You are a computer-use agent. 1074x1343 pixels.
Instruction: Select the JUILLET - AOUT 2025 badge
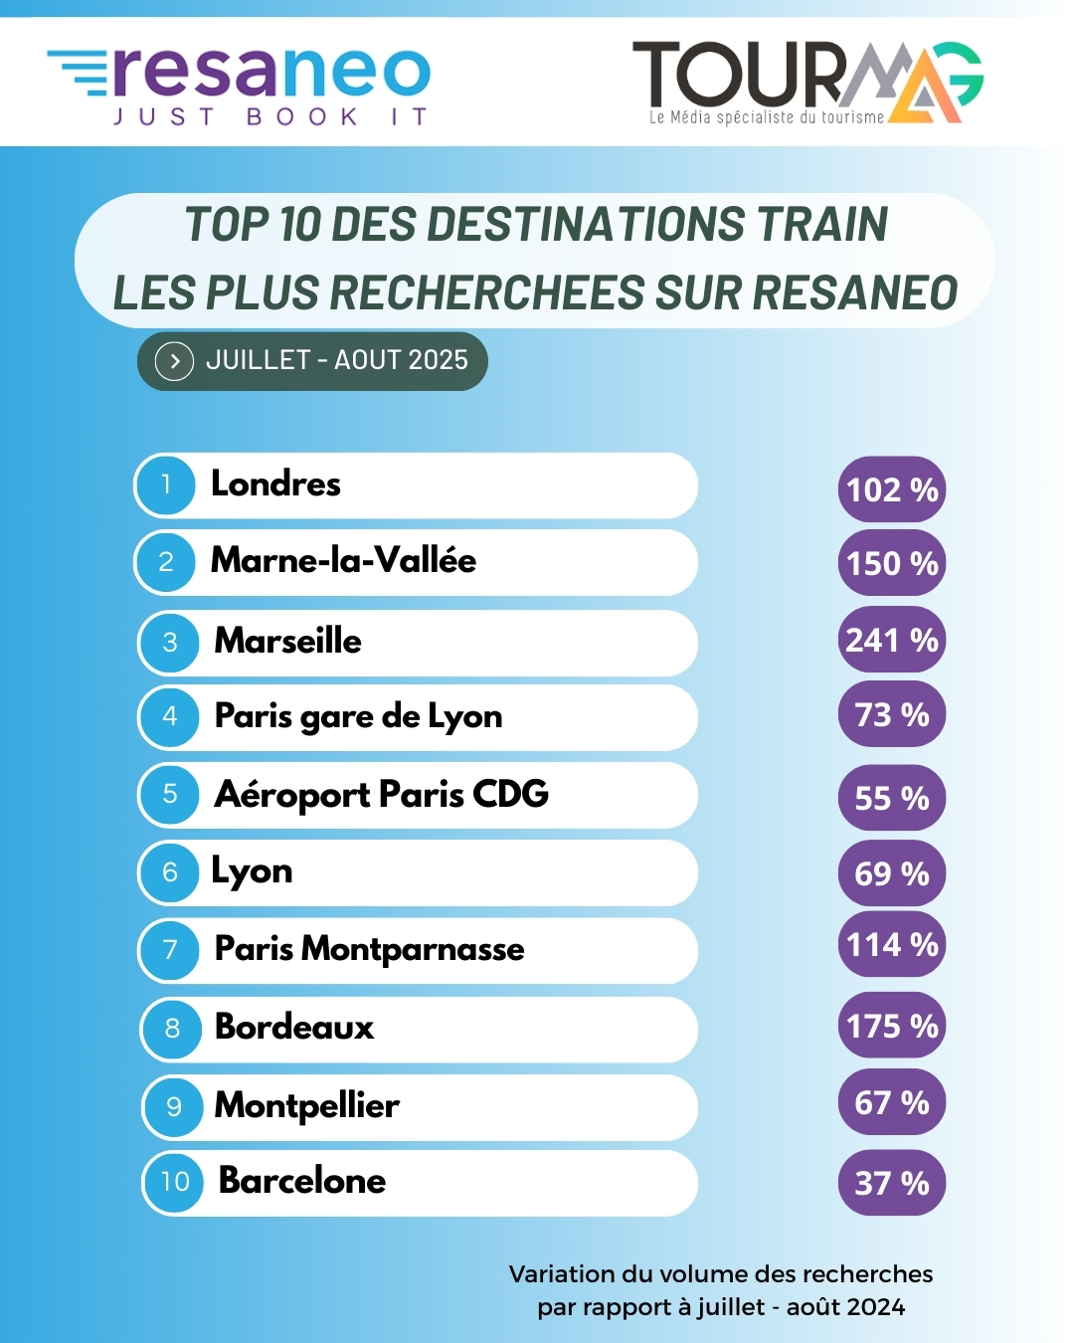coord(312,360)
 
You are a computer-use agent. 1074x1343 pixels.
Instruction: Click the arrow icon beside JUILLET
coord(175,361)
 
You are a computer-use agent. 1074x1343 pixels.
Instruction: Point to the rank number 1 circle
coord(166,484)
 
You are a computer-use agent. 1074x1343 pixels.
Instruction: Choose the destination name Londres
coord(275,484)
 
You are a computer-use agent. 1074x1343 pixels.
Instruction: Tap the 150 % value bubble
coord(892,564)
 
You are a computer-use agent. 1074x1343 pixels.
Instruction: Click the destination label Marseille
coord(288,641)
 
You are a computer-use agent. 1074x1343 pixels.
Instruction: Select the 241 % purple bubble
coord(892,640)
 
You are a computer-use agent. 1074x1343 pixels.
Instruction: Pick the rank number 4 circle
coord(170,716)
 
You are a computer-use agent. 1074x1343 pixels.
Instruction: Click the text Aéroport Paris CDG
coord(382,795)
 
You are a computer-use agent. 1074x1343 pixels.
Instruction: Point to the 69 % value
coord(892,874)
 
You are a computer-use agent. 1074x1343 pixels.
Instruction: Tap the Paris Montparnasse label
coord(370,949)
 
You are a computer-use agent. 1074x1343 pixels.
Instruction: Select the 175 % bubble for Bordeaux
coord(892,1026)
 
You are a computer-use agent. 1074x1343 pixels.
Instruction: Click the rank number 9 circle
coord(174,1106)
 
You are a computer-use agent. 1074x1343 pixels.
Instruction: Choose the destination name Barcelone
coord(302,1181)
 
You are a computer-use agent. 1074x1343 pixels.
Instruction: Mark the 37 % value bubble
coord(892,1183)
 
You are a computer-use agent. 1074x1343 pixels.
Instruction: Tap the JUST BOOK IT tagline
coord(270,117)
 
